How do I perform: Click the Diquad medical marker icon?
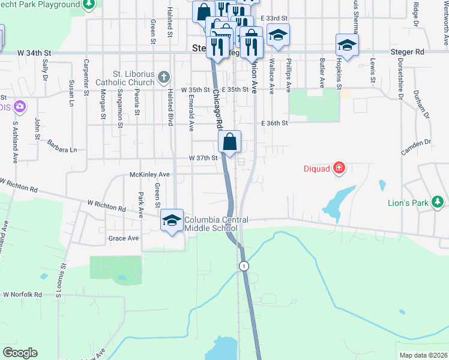click(339, 168)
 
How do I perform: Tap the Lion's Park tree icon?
click(438, 202)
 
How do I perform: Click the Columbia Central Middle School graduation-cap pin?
click(172, 221)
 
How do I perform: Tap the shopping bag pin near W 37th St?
click(230, 143)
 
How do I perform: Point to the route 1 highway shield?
click(243, 265)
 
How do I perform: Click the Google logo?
click(20, 353)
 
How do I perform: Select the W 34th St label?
click(34, 53)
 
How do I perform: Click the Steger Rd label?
click(407, 52)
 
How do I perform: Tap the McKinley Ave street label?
click(150, 174)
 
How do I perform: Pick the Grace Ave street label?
click(124, 238)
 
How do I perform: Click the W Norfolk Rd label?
click(22, 295)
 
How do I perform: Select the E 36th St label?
click(275, 123)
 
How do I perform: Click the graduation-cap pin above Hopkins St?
click(347, 45)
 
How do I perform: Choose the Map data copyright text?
click(423, 355)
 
